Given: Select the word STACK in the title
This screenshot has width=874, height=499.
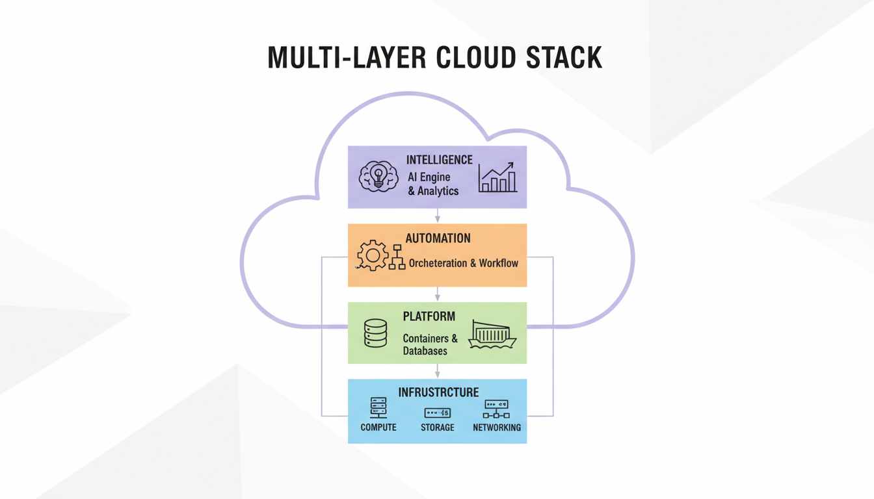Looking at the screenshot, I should tap(563, 58).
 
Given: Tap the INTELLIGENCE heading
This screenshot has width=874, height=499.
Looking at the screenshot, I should tap(439, 160).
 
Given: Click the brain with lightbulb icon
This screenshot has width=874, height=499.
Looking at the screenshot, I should tap(378, 176).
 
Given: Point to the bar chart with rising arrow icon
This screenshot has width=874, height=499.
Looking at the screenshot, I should tap(497, 177).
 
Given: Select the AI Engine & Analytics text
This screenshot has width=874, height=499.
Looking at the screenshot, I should tap(432, 184).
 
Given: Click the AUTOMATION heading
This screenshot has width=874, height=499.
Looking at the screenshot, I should tap(438, 238).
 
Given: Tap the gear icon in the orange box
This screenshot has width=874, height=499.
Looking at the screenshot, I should tap(372, 255).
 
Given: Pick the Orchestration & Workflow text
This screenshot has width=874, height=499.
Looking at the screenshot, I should tap(463, 263).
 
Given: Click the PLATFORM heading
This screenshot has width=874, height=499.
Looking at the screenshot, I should tap(429, 316).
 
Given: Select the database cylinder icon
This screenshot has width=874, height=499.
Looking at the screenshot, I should tap(376, 333).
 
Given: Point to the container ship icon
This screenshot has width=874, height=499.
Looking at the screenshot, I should tap(492, 334).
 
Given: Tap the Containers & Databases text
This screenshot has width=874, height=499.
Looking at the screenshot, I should tap(430, 344).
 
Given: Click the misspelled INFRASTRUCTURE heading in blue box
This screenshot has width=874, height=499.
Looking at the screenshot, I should tap(438, 392).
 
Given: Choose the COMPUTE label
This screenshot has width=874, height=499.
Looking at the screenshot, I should tap(378, 428).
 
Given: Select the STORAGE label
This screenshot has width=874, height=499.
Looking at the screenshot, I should tap(437, 428).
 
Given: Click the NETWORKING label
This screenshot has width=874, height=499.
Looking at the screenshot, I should tap(497, 428).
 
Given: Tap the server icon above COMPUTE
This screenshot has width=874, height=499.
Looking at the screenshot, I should tap(378, 408).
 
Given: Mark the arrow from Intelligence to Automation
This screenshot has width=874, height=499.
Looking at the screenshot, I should tap(438, 216).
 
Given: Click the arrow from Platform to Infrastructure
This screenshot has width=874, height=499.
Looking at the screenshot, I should tap(438, 371).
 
